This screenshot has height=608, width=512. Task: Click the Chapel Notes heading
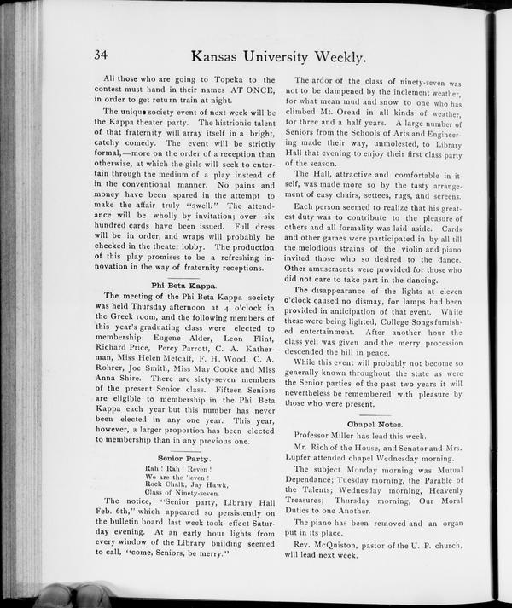pos(375,424)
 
